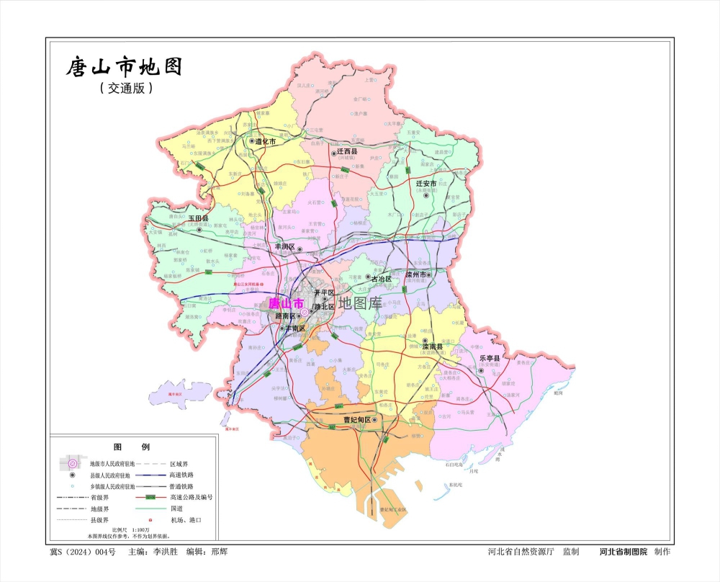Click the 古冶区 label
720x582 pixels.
pyautogui.click(x=380, y=278)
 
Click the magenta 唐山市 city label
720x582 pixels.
pyautogui.click(x=286, y=304)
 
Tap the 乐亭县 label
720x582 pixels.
pyautogui.click(x=489, y=357)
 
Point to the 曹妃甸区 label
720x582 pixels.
pyautogui.click(x=356, y=419)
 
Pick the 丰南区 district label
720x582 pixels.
pyautogui.click(x=295, y=328)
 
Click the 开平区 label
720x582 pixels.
pyautogui.click(x=325, y=292)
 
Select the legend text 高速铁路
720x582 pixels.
pyautogui.click(x=181, y=475)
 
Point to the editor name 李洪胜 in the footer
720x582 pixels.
pyautogui.click(x=163, y=552)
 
